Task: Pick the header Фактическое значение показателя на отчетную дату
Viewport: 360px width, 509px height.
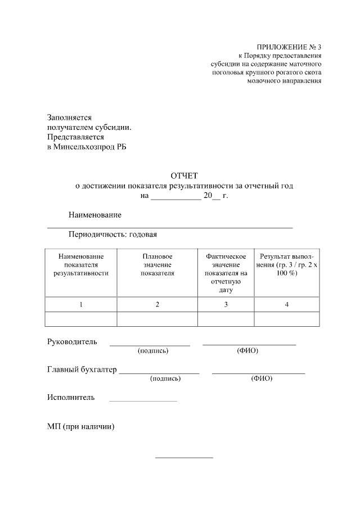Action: [226, 273]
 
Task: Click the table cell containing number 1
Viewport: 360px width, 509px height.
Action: [81, 304]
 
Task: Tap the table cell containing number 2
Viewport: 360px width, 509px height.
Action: [157, 304]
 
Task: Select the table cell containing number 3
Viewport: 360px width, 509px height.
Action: [226, 304]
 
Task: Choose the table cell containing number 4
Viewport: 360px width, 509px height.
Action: [287, 304]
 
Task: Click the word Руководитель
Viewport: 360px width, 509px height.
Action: [72, 341]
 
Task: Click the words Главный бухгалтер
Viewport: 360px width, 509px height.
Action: [82, 370]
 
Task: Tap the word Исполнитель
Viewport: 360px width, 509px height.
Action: [71, 398]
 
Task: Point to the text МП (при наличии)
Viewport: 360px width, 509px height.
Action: [81, 426]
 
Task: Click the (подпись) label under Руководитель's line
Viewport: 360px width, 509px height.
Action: [153, 351]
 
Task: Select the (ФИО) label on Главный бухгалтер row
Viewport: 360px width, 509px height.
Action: [262, 379]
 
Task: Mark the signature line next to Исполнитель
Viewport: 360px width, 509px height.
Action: [143, 400]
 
